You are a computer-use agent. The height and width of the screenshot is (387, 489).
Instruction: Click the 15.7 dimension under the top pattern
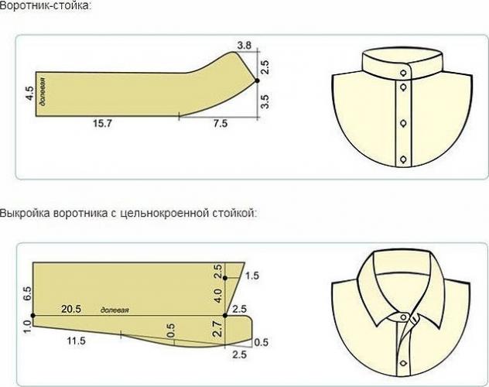coord(102,124)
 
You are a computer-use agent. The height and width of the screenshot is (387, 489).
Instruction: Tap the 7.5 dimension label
coord(221,124)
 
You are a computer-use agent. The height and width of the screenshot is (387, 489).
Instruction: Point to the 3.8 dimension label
coord(244,46)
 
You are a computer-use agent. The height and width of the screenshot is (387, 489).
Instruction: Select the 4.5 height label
coord(29,93)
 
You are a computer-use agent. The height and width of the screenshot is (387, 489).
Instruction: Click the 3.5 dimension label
coord(265,101)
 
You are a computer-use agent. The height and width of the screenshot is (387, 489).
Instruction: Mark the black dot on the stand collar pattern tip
coord(257,80)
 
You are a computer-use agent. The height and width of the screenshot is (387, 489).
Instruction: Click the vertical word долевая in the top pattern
coord(43,91)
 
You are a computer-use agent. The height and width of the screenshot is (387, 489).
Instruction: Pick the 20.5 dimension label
coord(71,309)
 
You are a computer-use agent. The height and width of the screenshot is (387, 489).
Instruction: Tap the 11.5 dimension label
coord(76,341)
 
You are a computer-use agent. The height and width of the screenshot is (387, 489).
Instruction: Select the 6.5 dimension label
coord(27,293)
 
